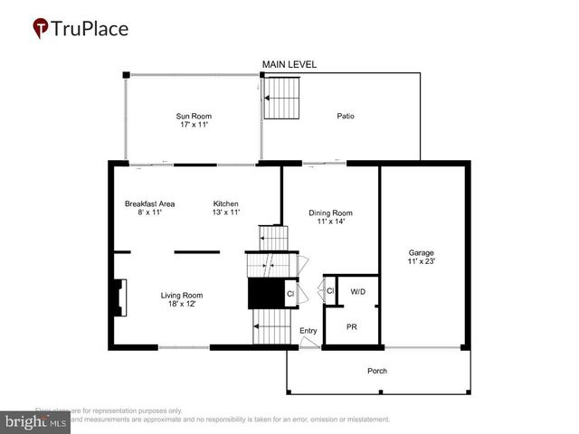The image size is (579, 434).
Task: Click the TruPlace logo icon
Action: [x=42, y=29]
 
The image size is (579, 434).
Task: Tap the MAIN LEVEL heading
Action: [x=289, y=64]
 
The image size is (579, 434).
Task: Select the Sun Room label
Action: [x=192, y=116]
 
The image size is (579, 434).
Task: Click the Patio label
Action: [x=346, y=116]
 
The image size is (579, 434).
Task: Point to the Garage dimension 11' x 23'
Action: [x=421, y=262]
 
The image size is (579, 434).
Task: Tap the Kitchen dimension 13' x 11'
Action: [x=226, y=212]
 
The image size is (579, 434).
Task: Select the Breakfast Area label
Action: [x=149, y=203]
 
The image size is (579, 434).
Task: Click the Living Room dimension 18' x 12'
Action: [x=182, y=305]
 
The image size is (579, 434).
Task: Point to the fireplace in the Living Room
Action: [x=119, y=297]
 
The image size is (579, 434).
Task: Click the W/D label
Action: [x=357, y=291]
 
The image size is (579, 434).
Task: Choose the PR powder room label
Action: [x=351, y=326]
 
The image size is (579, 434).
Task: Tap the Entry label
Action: [x=308, y=331]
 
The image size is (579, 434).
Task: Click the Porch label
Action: [x=376, y=372]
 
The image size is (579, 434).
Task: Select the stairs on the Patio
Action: [x=280, y=98]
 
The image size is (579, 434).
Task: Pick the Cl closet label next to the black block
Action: [x=290, y=294]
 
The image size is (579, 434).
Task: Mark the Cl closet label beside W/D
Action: [x=329, y=291]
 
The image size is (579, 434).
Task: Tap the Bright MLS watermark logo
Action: [x=36, y=420]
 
